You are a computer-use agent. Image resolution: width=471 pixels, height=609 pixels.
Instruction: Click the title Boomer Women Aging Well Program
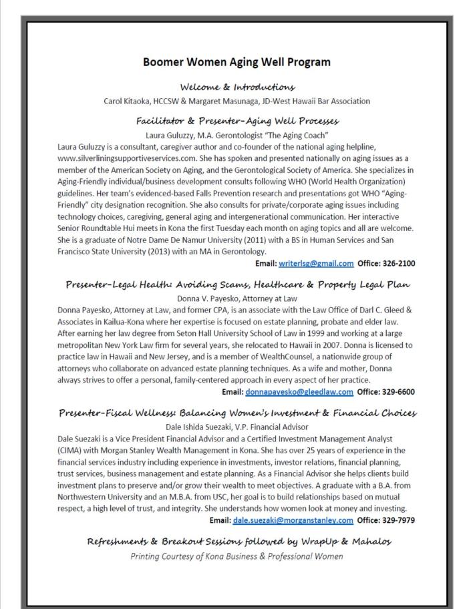pos(237,62)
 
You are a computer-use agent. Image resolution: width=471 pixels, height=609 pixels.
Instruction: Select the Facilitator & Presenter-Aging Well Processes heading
pos(237,121)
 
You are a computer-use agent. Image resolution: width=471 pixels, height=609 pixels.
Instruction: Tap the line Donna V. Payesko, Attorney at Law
pos(237,298)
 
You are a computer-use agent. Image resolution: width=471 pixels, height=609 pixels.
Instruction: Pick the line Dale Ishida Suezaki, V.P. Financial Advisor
pos(237,425)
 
